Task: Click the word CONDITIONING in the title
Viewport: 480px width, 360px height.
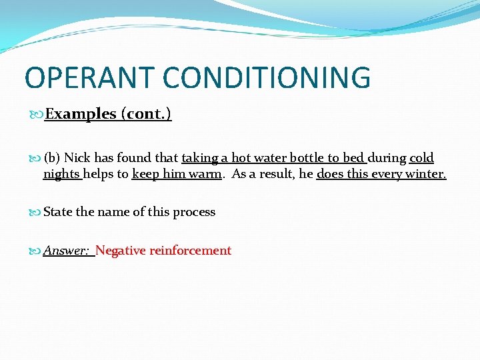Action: coord(267,78)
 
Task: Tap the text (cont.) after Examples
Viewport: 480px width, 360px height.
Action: coord(146,114)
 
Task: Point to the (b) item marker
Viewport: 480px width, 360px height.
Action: coord(52,158)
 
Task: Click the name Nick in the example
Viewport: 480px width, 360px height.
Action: coord(77,158)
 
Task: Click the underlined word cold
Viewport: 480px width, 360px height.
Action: coord(421,158)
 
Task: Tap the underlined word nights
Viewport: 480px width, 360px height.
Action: coord(61,175)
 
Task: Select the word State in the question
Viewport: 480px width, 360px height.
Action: coord(58,212)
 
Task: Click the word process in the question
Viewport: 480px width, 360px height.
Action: coord(194,213)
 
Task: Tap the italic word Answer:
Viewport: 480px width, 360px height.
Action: coord(66,251)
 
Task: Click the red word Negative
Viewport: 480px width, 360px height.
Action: coord(121,251)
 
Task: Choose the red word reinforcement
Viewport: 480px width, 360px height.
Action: coord(190,251)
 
